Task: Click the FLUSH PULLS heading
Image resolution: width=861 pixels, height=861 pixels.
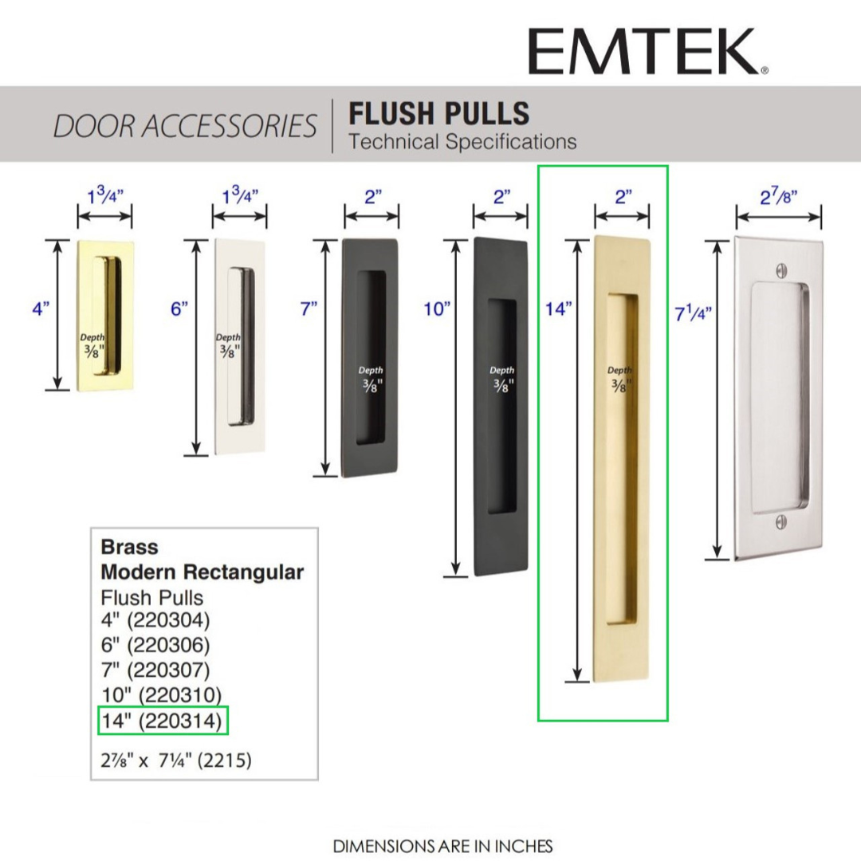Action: (439, 114)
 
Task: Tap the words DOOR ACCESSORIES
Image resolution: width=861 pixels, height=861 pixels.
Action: (185, 126)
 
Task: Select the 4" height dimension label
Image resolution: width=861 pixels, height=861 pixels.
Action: (41, 309)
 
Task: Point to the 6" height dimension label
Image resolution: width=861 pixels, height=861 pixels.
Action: (179, 309)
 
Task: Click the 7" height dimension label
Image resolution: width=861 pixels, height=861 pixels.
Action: (309, 309)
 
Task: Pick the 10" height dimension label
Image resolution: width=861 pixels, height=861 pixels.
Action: (437, 309)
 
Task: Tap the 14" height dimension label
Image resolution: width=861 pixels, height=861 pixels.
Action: (558, 309)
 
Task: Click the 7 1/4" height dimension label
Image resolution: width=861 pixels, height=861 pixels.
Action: (693, 313)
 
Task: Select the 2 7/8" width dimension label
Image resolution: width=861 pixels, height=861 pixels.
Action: (779, 196)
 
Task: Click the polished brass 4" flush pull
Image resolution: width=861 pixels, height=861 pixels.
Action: (105, 316)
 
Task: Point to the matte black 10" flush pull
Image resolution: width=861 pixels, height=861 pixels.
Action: (501, 407)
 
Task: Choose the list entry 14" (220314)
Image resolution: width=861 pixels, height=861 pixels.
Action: (162, 721)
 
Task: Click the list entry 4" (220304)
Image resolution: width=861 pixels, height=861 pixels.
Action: (155, 620)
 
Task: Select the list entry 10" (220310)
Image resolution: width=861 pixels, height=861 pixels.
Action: (162, 695)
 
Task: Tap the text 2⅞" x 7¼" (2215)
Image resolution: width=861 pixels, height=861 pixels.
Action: (176, 761)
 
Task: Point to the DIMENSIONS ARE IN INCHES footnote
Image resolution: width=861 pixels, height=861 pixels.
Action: (442, 846)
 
